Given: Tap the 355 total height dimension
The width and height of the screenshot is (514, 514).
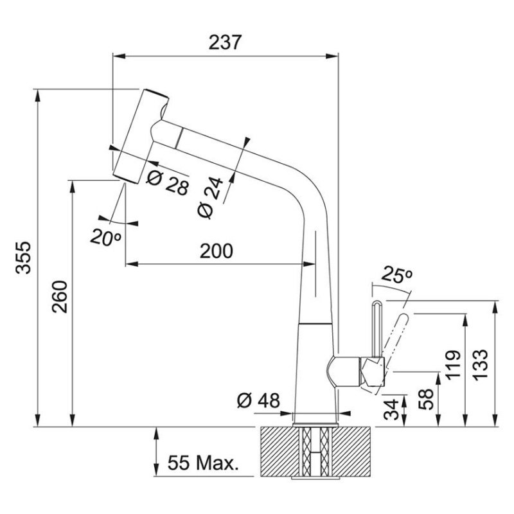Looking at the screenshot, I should pos(23,257).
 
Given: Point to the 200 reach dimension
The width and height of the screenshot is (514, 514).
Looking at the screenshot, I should pos(215,251).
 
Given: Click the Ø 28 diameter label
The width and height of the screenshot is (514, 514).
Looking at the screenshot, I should pos(168,183).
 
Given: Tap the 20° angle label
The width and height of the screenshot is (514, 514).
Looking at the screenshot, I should pos(105,237).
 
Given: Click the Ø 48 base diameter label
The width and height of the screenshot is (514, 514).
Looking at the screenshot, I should pos(259,402).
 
